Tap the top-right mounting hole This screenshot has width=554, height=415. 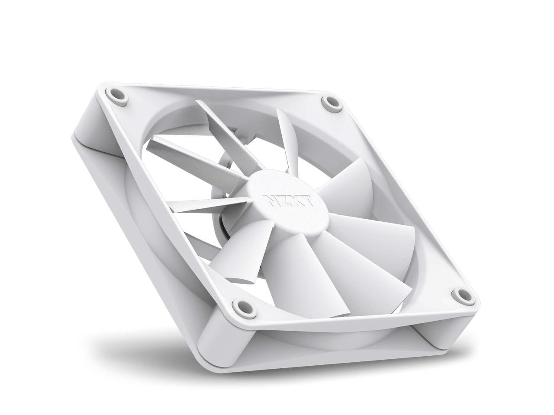pyautogui.click(x=331, y=102)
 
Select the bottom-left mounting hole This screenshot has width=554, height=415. pyautogui.click(x=238, y=307)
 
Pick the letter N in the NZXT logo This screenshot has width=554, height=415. pyautogui.click(x=268, y=201)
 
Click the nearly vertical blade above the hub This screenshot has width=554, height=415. pyautogui.click(x=282, y=143)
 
